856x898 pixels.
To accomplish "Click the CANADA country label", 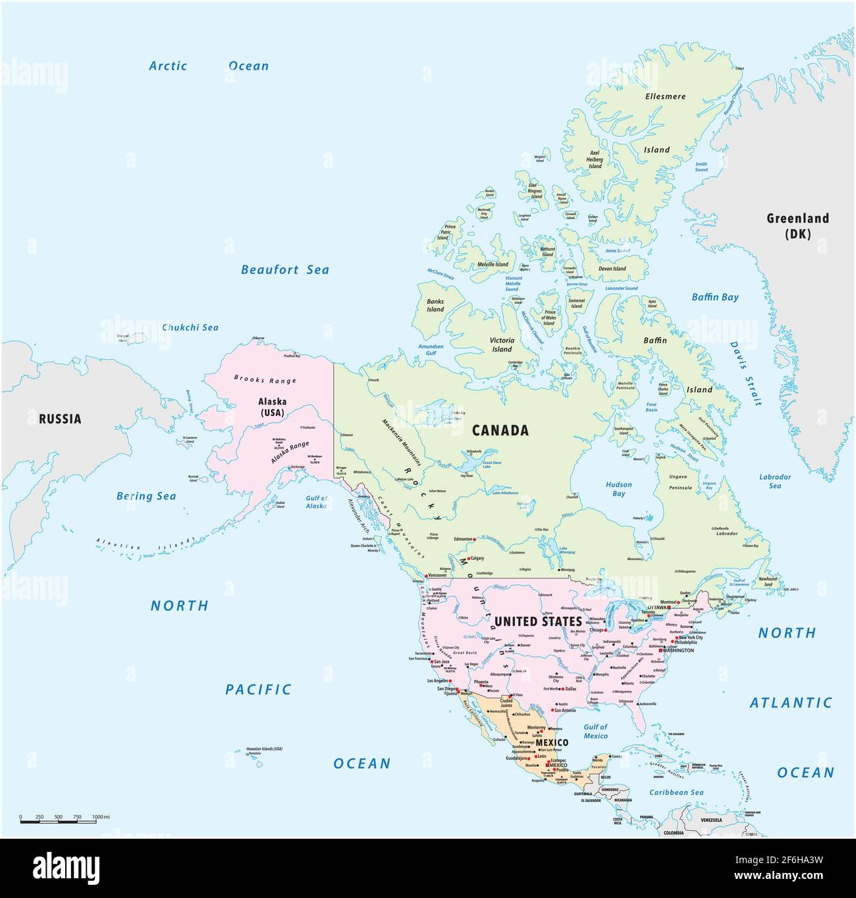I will [x=500, y=430].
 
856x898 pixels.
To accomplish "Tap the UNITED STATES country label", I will [x=538, y=621].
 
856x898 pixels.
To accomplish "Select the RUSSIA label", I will [x=60, y=418].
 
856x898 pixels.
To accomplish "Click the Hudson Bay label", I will [x=618, y=489].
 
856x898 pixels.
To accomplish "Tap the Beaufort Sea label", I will [x=284, y=269].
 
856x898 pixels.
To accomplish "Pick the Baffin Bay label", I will [x=714, y=297].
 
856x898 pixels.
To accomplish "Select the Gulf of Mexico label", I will [x=595, y=731].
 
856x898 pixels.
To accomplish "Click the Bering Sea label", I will [x=146, y=496].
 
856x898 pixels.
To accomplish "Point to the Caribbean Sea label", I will [x=676, y=793].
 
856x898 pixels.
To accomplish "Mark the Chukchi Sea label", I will [x=190, y=327].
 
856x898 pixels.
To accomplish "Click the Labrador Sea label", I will [x=775, y=481].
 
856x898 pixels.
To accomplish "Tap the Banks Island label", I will [x=435, y=305].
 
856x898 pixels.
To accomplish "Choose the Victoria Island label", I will [x=502, y=345].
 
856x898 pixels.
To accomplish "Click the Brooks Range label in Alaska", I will [x=265, y=379].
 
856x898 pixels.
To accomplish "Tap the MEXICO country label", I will [x=551, y=743].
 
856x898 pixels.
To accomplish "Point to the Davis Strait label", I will [x=746, y=373].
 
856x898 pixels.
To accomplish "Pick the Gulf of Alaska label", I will [x=316, y=502].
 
